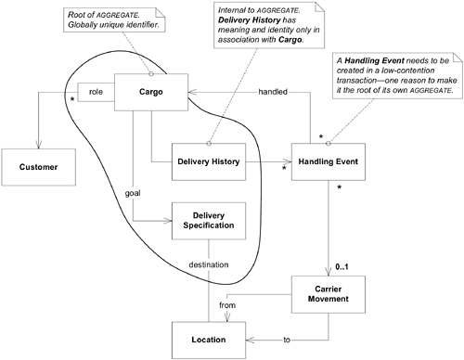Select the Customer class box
coord(39,167)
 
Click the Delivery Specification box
coord(202,218)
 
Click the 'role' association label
coord(96,92)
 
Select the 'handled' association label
coord(271,92)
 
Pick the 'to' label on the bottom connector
coord(287,341)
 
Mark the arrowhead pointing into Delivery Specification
coord(168,221)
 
